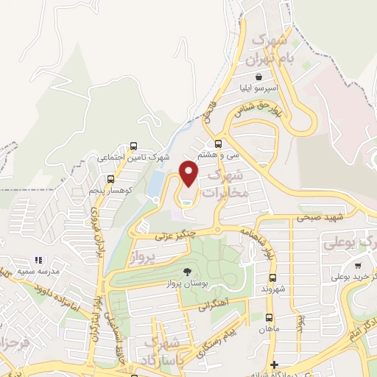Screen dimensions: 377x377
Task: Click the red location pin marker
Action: [189, 173]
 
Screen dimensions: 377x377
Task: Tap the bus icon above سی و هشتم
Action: [217, 144]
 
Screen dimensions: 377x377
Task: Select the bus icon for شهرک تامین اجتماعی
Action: [133, 146]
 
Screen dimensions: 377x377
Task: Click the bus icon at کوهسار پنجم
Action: [110, 179]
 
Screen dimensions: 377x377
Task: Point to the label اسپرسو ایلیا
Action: [258, 88]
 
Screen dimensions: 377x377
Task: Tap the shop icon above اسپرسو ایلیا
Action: [258, 76]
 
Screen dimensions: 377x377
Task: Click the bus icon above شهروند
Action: [272, 278]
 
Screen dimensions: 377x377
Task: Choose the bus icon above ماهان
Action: [269, 317]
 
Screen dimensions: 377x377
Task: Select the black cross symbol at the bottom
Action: [274, 364]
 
